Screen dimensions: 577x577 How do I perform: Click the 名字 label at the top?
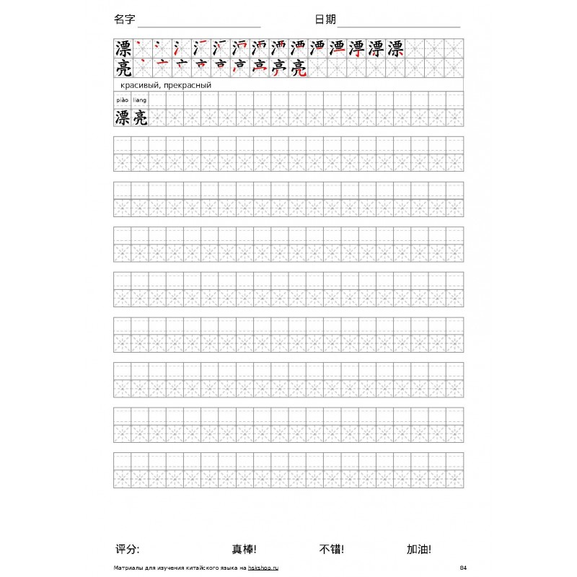click(x=124, y=19)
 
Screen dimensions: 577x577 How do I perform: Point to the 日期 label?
click(x=325, y=19)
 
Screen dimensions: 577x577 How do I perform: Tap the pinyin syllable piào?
click(x=122, y=100)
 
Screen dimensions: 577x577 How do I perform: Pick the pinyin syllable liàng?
click(x=140, y=100)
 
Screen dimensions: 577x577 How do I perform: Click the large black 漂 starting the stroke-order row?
click(x=123, y=48)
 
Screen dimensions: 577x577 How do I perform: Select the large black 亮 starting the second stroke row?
click(x=123, y=69)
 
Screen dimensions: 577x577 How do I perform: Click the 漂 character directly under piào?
click(x=123, y=118)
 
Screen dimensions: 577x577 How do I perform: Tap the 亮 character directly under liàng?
click(x=140, y=118)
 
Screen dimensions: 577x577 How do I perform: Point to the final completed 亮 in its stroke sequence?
click(x=299, y=69)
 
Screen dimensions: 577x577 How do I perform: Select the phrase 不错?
click(x=331, y=549)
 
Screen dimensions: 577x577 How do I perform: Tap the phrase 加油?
click(x=419, y=549)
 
